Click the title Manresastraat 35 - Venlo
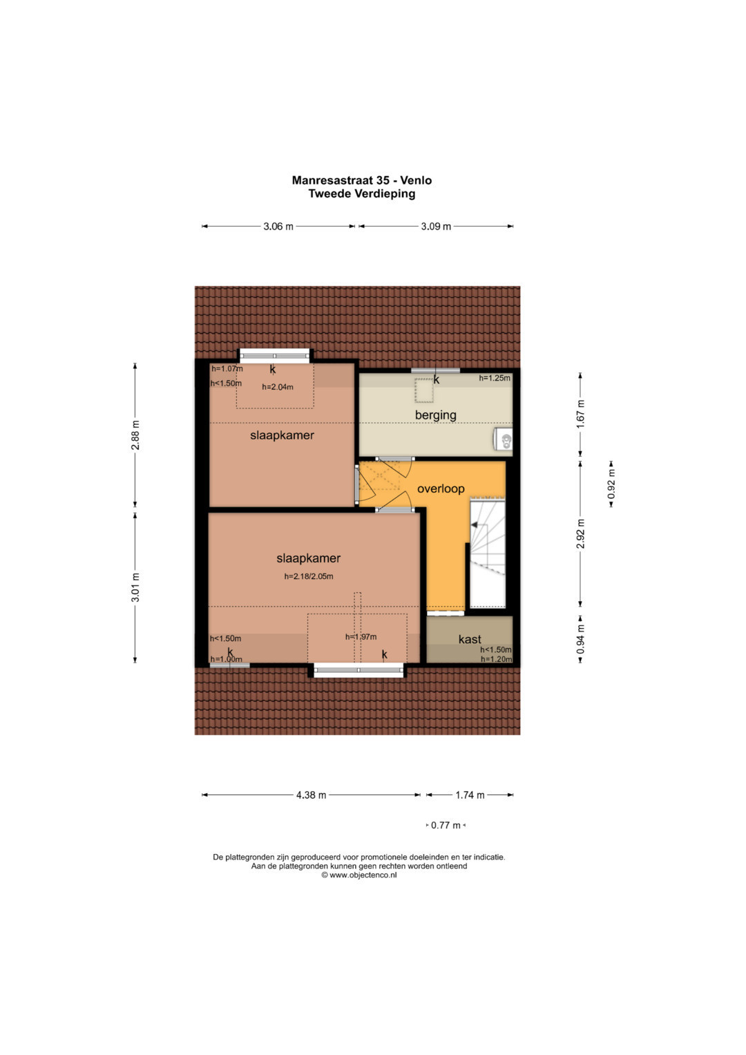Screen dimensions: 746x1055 [x=362, y=180]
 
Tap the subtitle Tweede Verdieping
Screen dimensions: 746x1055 [x=362, y=193]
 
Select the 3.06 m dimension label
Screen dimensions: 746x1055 [x=278, y=227]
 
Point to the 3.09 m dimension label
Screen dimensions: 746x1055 [x=436, y=227]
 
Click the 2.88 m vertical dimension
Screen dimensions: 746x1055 [x=135, y=435]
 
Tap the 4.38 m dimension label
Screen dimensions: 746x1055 [x=311, y=795]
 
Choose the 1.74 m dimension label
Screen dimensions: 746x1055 [x=470, y=795]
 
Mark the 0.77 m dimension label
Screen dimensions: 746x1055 [x=446, y=825]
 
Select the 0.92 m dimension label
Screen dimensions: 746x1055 [x=611, y=484]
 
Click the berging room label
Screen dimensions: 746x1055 [x=436, y=415]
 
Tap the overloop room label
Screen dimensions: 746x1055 [x=441, y=489]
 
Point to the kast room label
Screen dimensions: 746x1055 [x=470, y=639]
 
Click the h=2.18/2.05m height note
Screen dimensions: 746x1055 [x=309, y=576]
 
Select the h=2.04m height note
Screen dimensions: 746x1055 [x=278, y=387]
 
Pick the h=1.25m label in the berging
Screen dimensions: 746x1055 [x=495, y=378]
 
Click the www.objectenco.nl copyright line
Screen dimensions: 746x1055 [x=359, y=875]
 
